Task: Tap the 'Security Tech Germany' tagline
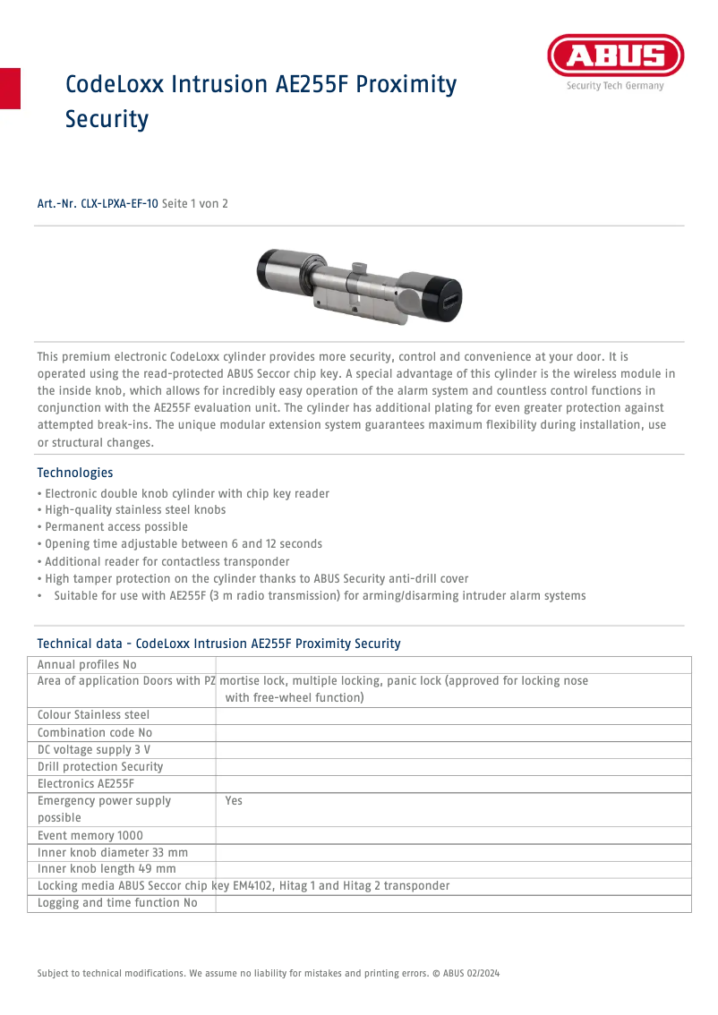[x=614, y=86]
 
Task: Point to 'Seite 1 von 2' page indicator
[x=195, y=204]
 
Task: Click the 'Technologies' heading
[x=74, y=473]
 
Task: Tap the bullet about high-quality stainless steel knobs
[x=131, y=510]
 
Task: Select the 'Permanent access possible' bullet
[x=113, y=527]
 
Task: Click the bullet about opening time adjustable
[x=179, y=544]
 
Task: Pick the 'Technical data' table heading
[x=218, y=644]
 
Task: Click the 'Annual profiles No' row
[x=87, y=665]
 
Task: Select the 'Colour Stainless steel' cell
[x=93, y=715]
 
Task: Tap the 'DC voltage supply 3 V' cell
[x=93, y=749]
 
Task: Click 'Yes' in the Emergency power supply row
[x=234, y=801]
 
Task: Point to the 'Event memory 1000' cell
[x=90, y=836]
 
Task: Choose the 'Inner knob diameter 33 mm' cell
[x=113, y=853]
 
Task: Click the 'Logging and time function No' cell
[x=117, y=904]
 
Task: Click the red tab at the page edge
[x=10, y=88]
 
